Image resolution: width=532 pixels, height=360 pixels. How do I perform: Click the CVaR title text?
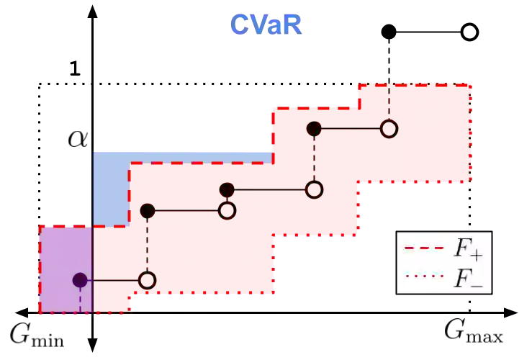tap(266, 24)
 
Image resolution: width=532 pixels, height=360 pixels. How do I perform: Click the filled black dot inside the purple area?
tap(80, 280)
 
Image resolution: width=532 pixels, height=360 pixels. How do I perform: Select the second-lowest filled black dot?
tap(148, 211)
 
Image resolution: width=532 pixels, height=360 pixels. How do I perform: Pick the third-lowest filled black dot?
tap(227, 190)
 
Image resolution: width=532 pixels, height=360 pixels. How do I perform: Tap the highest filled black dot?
tap(314, 129)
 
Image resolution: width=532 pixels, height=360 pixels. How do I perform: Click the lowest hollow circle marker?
tap(148, 280)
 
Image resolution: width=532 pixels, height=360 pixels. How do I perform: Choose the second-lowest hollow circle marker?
tap(227, 211)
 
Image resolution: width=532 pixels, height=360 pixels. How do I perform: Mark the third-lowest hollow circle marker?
tap(314, 190)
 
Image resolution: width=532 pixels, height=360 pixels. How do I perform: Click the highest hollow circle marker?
tap(389, 129)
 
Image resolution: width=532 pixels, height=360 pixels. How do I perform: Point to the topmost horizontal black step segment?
tap(351, 129)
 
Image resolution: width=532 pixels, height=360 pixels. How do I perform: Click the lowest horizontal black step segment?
tap(114, 280)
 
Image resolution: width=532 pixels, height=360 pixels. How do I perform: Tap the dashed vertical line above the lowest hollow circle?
tap(148, 245)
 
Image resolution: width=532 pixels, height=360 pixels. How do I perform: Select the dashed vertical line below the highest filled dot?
tap(314, 158)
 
